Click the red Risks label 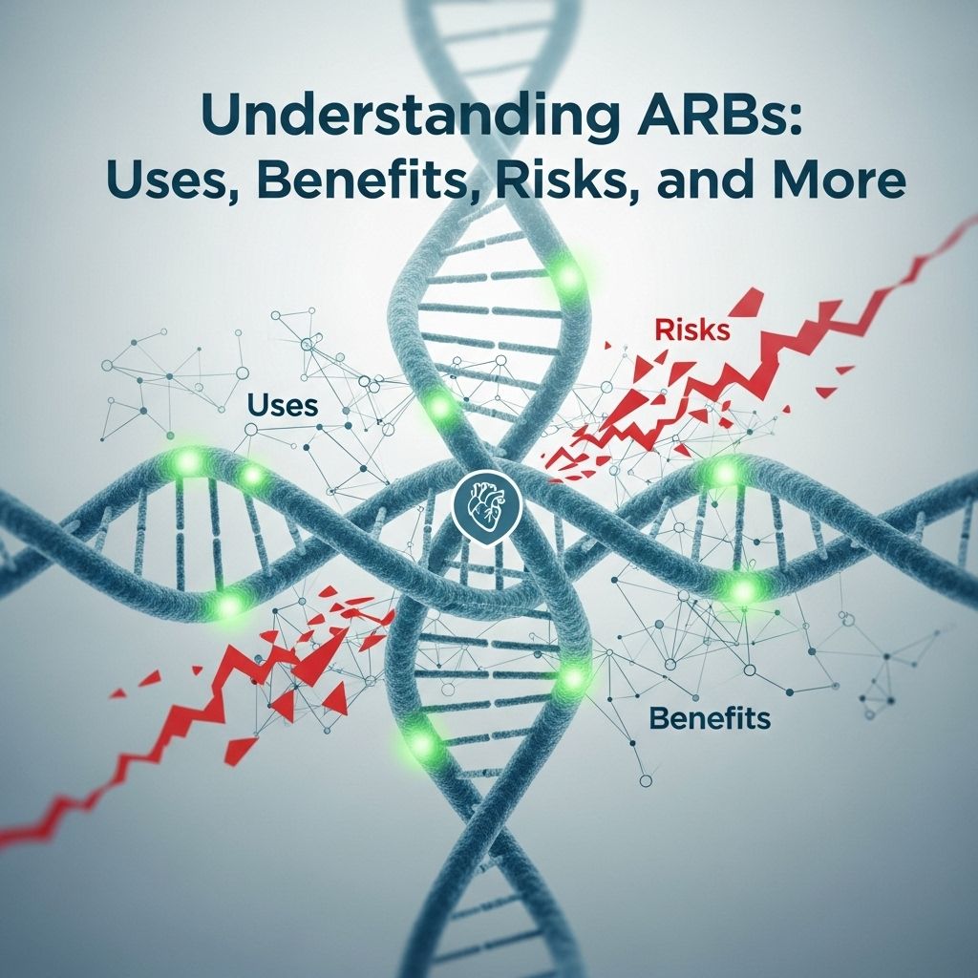pos(691,330)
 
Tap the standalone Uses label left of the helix pos(283,404)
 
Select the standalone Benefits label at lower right pos(709,717)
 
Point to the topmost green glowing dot pos(569,278)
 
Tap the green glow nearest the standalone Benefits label pos(571,677)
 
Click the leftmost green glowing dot pos(187,462)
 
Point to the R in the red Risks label pos(663,330)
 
